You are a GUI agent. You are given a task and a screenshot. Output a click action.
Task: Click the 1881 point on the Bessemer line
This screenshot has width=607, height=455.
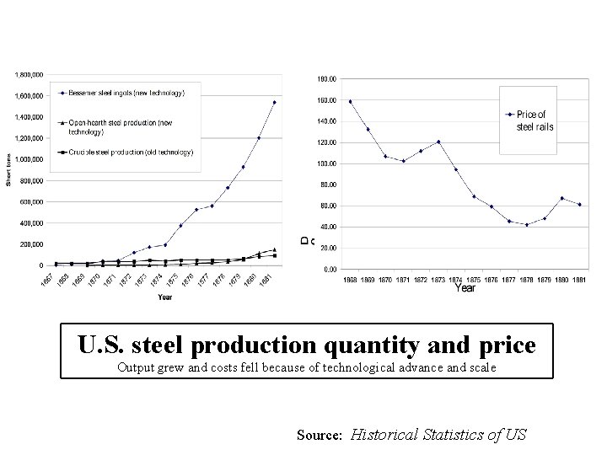coord(274,103)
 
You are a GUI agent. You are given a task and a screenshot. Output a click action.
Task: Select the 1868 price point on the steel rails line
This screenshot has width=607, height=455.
coord(350,102)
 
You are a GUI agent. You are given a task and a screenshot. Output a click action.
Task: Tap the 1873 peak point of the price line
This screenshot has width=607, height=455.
coord(439,142)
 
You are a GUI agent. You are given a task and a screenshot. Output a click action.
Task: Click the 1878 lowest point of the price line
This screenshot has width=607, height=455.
coord(527,225)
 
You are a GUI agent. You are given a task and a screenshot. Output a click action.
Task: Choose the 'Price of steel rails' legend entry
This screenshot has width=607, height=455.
coord(534,120)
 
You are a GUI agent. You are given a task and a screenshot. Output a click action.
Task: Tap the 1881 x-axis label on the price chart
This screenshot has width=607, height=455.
coord(580,279)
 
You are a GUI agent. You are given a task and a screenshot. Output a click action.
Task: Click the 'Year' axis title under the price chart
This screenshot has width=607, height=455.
coord(465,289)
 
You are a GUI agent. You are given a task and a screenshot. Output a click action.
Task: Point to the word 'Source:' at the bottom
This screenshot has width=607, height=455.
coord(319,436)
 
